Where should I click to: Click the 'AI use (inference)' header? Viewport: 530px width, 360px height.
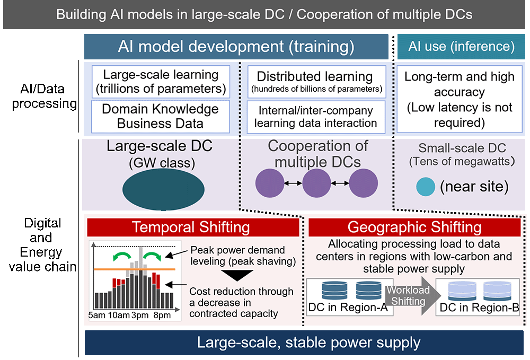tap(461, 47)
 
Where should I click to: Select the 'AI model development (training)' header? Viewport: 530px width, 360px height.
tap(236, 47)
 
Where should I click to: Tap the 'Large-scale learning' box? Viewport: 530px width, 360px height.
tap(161, 82)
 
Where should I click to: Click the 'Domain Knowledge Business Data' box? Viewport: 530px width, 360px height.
tap(161, 116)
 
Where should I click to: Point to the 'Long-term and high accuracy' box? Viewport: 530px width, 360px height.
tap(459, 100)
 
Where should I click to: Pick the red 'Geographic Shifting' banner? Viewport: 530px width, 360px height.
tap(414, 227)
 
